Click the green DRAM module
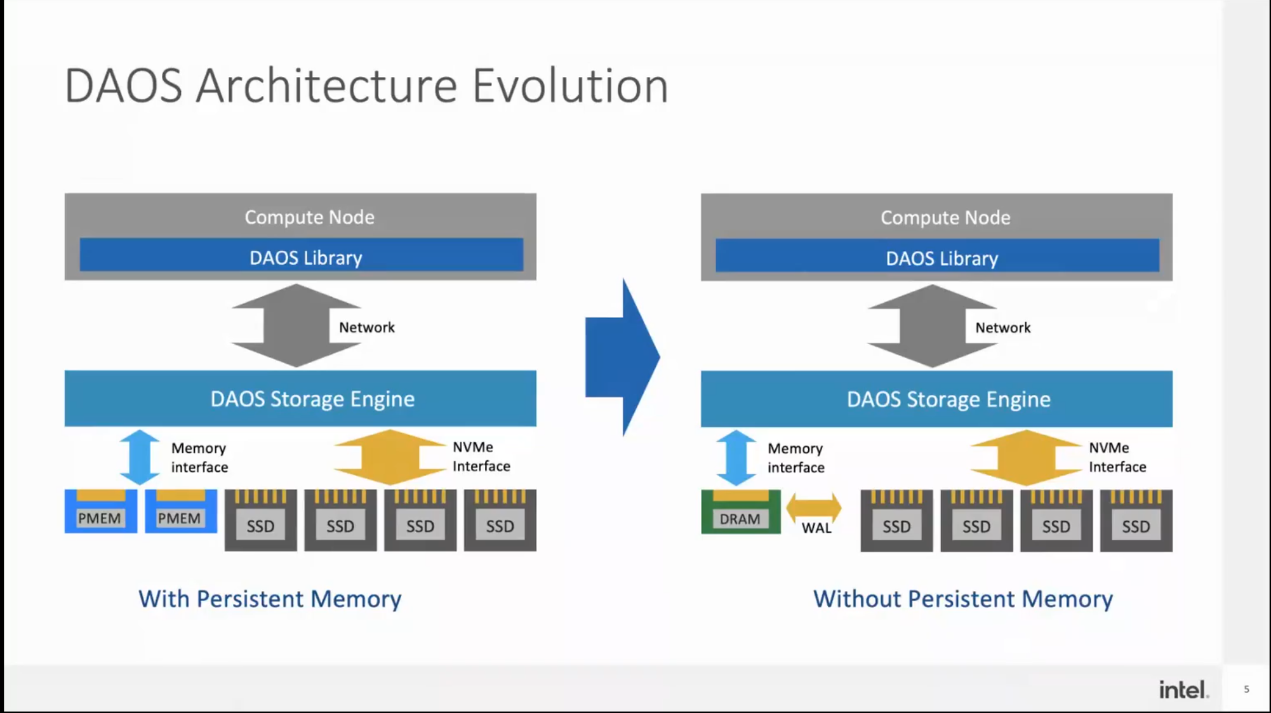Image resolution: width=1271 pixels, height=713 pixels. tap(740, 512)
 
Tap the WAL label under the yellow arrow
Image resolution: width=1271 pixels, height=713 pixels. tap(816, 528)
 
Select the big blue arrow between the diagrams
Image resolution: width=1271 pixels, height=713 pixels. tap(623, 357)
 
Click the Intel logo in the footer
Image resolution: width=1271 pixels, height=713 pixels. tap(1183, 690)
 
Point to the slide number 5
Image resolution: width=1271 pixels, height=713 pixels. tap(1246, 689)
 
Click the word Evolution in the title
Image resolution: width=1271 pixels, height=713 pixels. tap(569, 86)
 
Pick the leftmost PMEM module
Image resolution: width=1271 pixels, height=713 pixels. tap(100, 511)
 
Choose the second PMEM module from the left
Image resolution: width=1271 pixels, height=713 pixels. tap(180, 511)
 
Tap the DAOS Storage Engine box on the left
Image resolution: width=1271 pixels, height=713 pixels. tap(300, 399)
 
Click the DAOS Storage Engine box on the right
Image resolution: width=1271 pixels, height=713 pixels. tap(936, 399)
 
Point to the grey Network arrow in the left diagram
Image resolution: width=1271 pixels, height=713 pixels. tap(295, 326)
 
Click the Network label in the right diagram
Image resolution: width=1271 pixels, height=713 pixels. tap(1002, 328)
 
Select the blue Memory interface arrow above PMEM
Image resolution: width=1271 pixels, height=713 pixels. tap(140, 457)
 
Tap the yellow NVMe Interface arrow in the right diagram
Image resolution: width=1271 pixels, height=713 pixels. tap(1025, 458)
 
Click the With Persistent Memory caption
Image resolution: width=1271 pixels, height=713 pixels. tap(270, 599)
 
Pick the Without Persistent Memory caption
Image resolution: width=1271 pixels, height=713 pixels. tap(962, 599)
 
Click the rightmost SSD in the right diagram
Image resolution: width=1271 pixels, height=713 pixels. tap(1136, 521)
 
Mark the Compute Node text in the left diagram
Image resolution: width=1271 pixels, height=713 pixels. tap(309, 217)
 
